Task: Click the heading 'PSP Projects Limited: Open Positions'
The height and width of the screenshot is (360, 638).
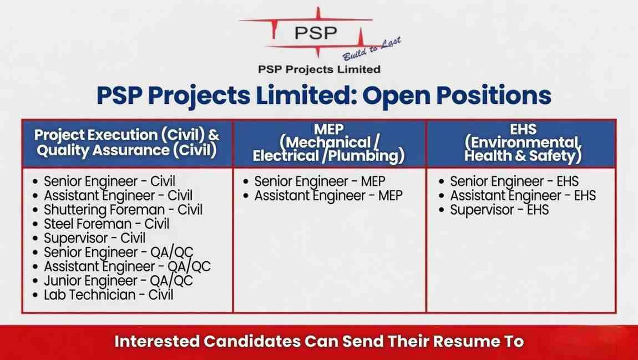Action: pos(324,95)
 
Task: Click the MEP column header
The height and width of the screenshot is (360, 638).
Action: pos(328,143)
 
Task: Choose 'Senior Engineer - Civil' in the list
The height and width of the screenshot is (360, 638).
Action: pos(109,181)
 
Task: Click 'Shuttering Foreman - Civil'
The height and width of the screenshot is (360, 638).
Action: pos(123,210)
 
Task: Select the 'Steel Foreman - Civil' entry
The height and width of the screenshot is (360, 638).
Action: pos(107,224)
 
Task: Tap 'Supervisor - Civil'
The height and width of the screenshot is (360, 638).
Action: pos(95,238)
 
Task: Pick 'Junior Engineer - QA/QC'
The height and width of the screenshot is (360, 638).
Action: pos(118,281)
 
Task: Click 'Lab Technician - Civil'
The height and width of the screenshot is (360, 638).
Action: pos(109,295)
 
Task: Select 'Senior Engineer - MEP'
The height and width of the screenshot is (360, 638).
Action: pos(320,181)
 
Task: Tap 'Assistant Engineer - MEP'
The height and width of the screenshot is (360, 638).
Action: pos(328,195)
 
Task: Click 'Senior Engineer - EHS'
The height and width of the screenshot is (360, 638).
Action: pos(514,181)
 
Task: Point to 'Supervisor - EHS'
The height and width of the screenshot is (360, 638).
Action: pos(499,210)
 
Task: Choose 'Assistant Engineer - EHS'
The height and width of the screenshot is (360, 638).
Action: pos(523,195)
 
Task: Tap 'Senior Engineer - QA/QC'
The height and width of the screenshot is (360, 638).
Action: pos(118,252)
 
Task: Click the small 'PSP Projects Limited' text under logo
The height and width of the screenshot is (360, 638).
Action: pos(319,69)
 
